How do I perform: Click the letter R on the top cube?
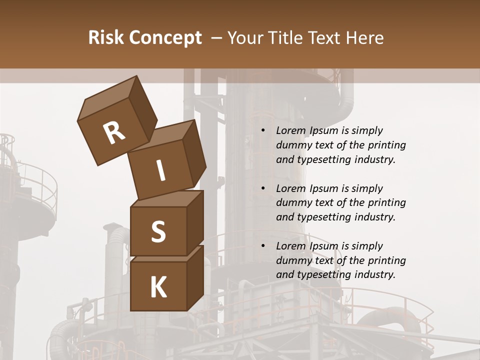(x=114, y=133)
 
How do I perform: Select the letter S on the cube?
(x=158, y=232)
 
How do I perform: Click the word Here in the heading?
(x=362, y=37)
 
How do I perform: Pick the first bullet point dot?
(x=263, y=131)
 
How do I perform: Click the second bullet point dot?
(x=263, y=189)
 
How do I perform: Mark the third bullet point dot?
(x=263, y=246)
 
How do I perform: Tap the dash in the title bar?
(x=216, y=37)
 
